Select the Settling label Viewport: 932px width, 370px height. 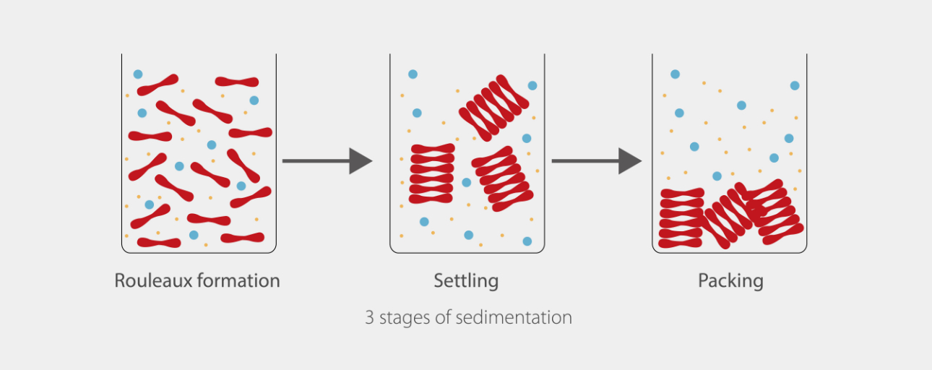tap(466, 280)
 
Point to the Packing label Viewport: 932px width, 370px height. tap(730, 280)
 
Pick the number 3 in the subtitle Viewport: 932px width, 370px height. tap(369, 317)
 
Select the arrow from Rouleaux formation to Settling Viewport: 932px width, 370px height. tap(326, 160)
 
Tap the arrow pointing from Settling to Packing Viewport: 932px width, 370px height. tap(596, 160)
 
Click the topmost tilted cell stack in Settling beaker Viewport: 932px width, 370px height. tap(493, 108)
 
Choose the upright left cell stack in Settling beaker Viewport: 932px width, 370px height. tap(432, 173)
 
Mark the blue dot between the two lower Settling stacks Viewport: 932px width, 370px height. tap(467, 182)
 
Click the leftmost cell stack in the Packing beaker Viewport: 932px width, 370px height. tap(681, 218)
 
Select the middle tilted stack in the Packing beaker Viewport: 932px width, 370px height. tap(725, 217)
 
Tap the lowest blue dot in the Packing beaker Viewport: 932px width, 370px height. tap(717, 176)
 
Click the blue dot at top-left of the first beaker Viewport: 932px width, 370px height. tap(138, 74)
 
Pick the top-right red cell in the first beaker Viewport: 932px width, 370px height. tap(236, 82)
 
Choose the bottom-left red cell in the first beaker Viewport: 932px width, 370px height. tap(159, 242)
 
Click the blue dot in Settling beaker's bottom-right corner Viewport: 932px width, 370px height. tap(527, 241)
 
